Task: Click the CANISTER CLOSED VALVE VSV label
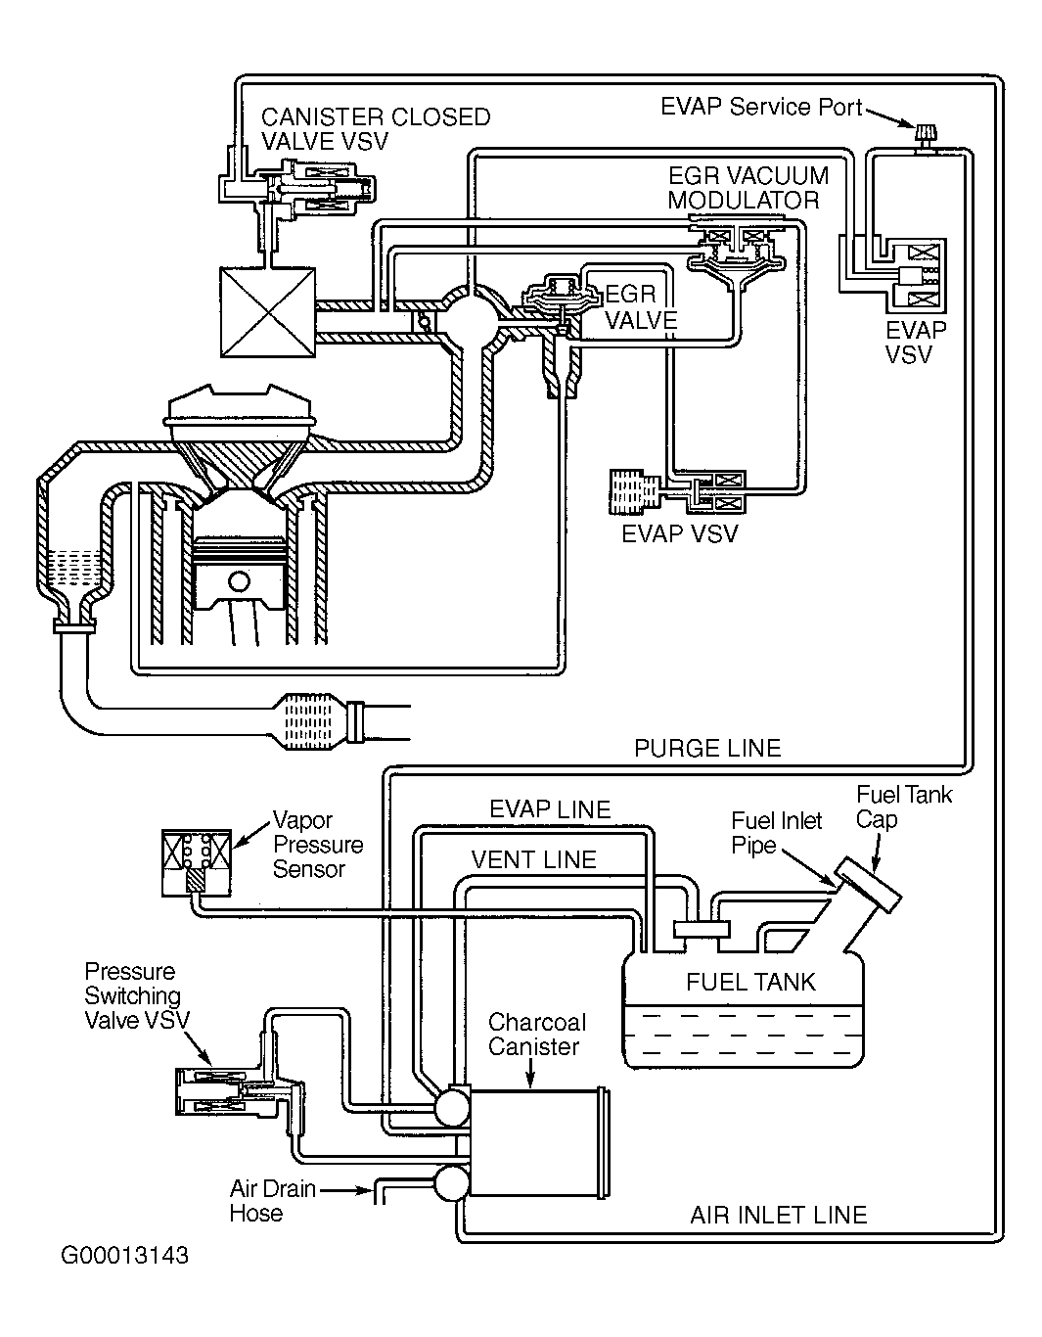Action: tap(375, 128)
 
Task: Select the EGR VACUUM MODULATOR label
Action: tap(748, 188)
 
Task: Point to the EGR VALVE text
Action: tap(641, 307)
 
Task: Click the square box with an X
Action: tap(267, 314)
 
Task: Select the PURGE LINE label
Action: tap(707, 749)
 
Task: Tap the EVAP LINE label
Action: tap(550, 809)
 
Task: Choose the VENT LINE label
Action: tap(533, 859)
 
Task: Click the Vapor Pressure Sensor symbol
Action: tap(197, 862)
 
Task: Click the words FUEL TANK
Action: tap(750, 982)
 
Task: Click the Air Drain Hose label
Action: tap(272, 1201)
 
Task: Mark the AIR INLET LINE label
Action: tap(779, 1216)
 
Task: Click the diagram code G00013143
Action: tap(124, 1255)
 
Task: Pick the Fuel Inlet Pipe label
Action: tap(777, 833)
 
